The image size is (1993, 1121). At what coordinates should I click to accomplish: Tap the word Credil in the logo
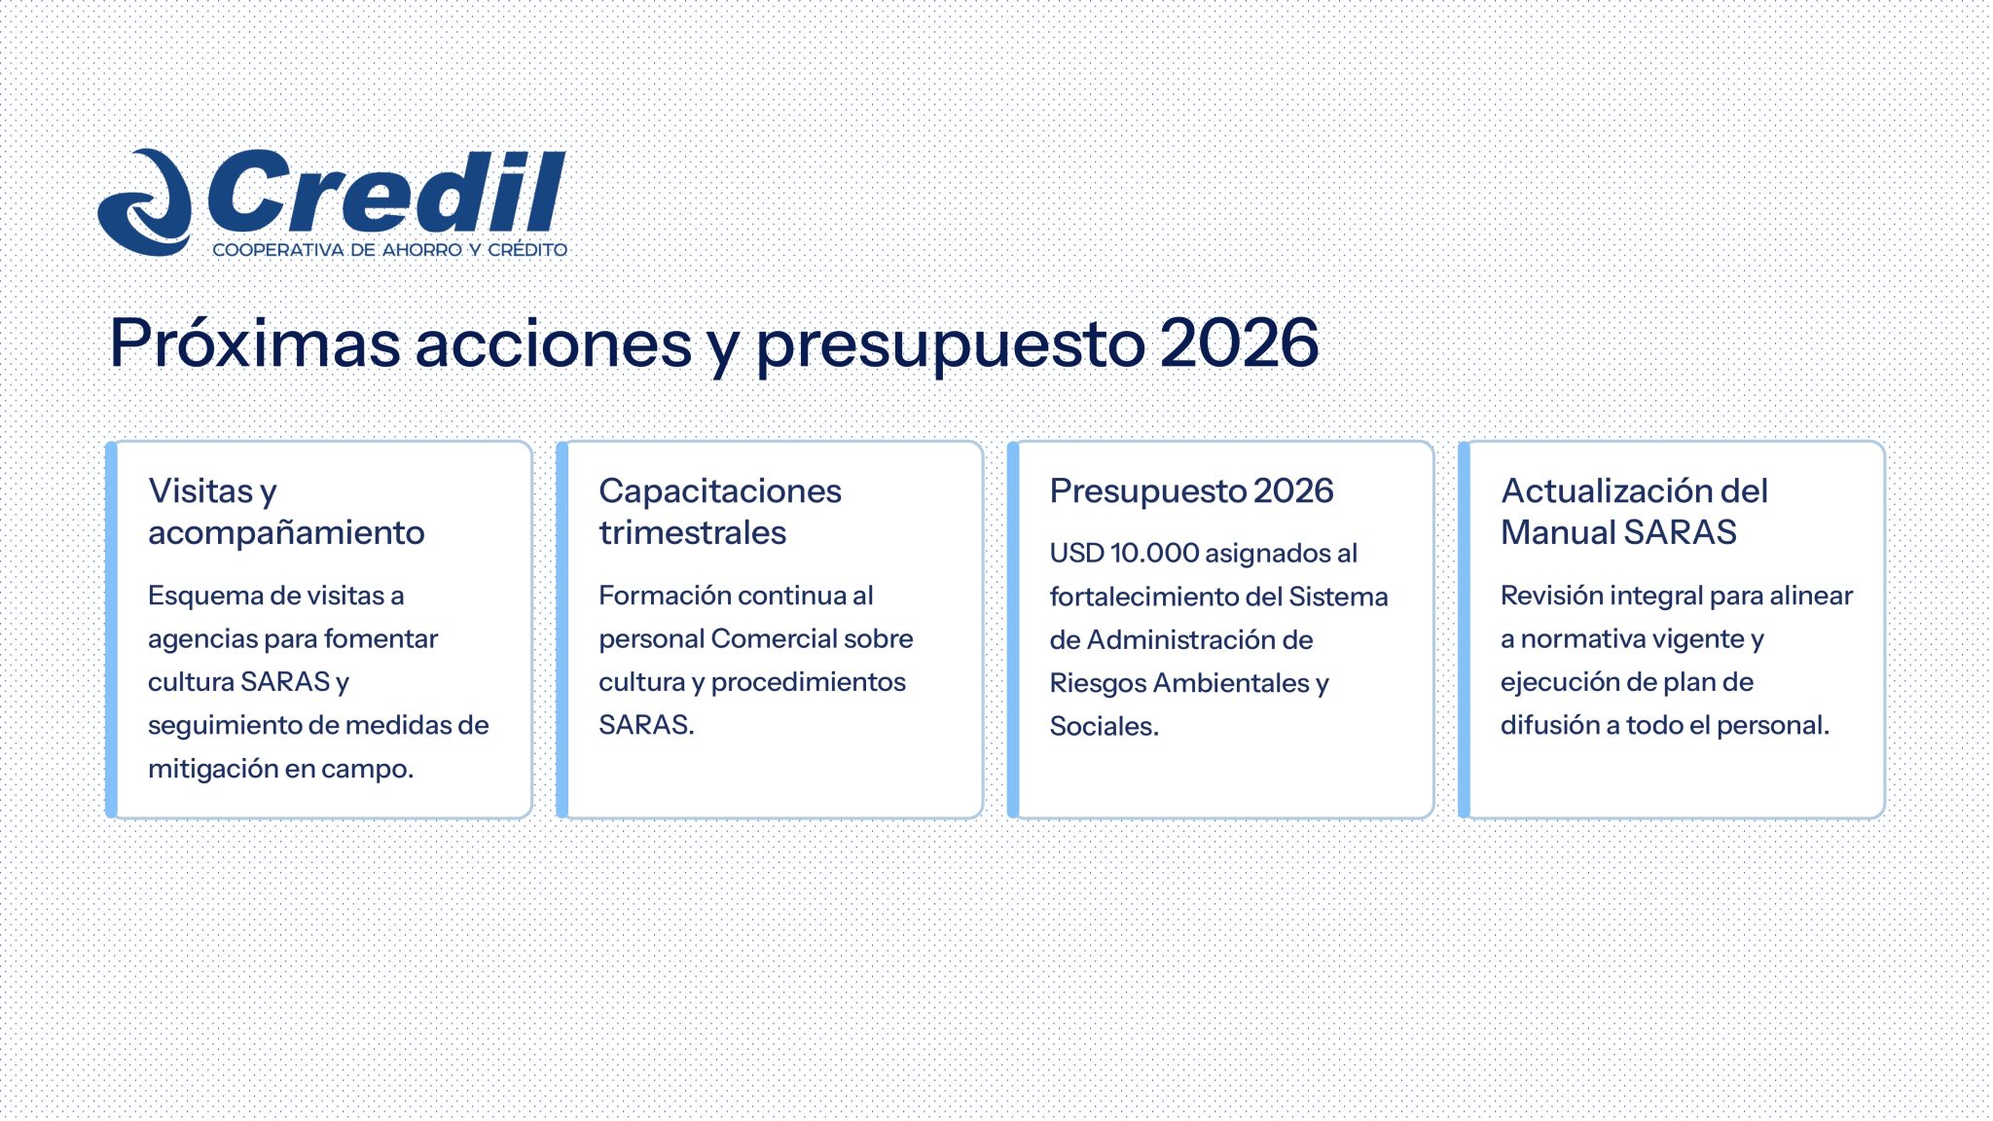click(387, 190)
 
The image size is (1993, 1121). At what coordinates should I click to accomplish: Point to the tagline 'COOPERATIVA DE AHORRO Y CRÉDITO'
click(389, 250)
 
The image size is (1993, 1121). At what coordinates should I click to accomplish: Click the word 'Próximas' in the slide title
click(255, 344)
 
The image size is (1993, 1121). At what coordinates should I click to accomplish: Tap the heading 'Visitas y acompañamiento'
click(286, 512)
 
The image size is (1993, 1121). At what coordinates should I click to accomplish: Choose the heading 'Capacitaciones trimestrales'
click(720, 512)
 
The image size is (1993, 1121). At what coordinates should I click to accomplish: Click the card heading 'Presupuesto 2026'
click(1191, 491)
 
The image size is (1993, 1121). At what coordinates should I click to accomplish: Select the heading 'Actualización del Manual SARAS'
click(1634, 512)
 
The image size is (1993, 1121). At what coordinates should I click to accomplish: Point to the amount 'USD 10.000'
click(1124, 554)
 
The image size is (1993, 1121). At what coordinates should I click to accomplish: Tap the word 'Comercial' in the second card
click(773, 639)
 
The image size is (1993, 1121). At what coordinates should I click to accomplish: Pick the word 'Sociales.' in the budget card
click(1104, 727)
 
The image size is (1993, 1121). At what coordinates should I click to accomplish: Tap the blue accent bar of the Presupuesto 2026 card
click(1013, 630)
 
